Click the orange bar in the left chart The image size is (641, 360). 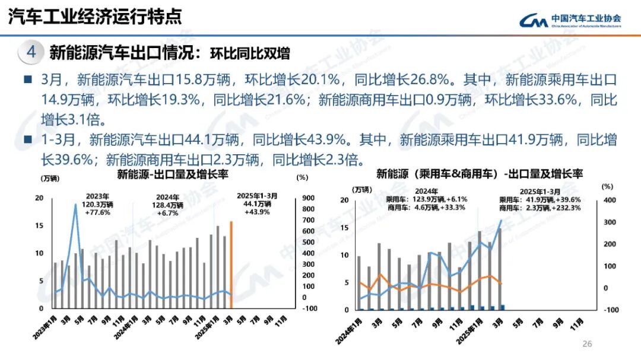(x=231, y=264)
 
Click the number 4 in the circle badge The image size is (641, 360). (x=31, y=52)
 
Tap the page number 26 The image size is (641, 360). (x=588, y=344)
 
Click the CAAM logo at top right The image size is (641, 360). (x=570, y=20)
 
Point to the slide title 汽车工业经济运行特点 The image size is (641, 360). (x=95, y=17)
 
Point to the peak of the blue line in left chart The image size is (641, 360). (x=75, y=205)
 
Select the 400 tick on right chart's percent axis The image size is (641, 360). (x=610, y=200)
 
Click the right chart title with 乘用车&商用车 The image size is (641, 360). (x=480, y=174)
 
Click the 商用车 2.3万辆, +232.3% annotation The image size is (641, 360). (x=540, y=208)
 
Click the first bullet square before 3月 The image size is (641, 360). (x=27, y=79)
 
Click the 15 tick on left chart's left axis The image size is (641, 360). (x=39, y=226)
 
